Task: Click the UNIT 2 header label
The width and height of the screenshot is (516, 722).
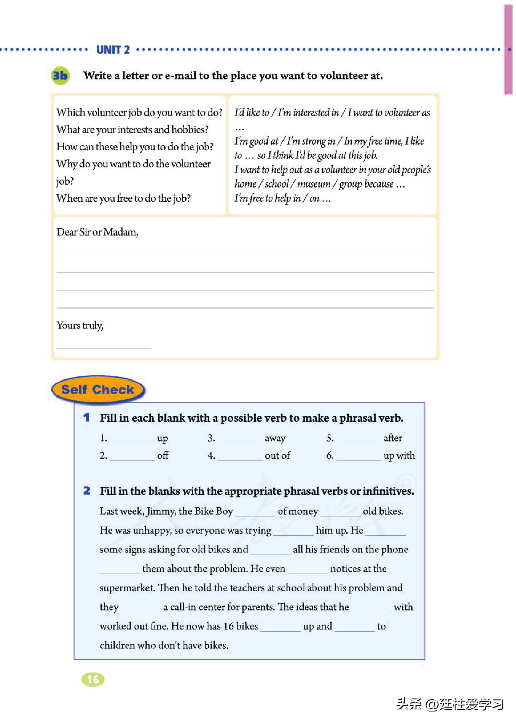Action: click(x=113, y=50)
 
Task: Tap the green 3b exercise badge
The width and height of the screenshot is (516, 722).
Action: click(x=60, y=76)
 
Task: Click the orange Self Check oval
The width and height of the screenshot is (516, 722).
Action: click(x=98, y=390)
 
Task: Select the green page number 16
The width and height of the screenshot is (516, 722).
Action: click(x=93, y=680)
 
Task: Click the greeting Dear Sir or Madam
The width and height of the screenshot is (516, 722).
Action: click(x=97, y=232)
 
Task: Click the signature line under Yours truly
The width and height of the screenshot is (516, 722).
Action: click(x=104, y=348)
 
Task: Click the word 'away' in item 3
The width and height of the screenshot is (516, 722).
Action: click(x=275, y=438)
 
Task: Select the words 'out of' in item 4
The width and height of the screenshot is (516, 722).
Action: click(x=277, y=455)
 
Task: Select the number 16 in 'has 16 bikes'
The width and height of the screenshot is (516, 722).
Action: click(x=229, y=626)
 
